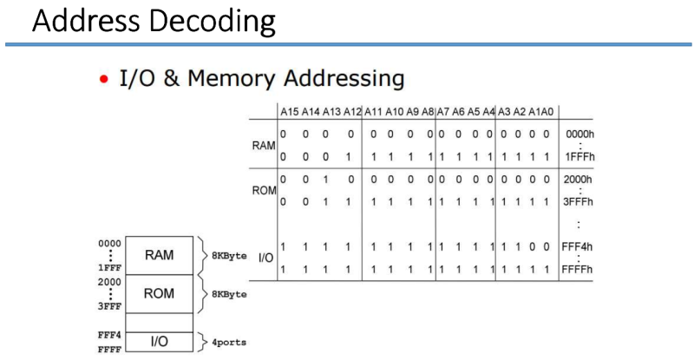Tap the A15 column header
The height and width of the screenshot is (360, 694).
(x=288, y=111)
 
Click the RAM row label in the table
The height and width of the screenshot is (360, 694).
(x=263, y=146)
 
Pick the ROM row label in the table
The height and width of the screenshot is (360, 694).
(x=263, y=188)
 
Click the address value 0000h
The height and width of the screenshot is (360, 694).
(x=578, y=135)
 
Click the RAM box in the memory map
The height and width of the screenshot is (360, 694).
(x=160, y=256)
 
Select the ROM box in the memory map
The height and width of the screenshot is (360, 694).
(x=160, y=294)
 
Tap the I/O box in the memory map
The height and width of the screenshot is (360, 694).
(x=160, y=342)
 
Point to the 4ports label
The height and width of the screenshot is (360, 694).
(x=228, y=342)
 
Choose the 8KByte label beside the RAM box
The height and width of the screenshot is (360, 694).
(x=228, y=256)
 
